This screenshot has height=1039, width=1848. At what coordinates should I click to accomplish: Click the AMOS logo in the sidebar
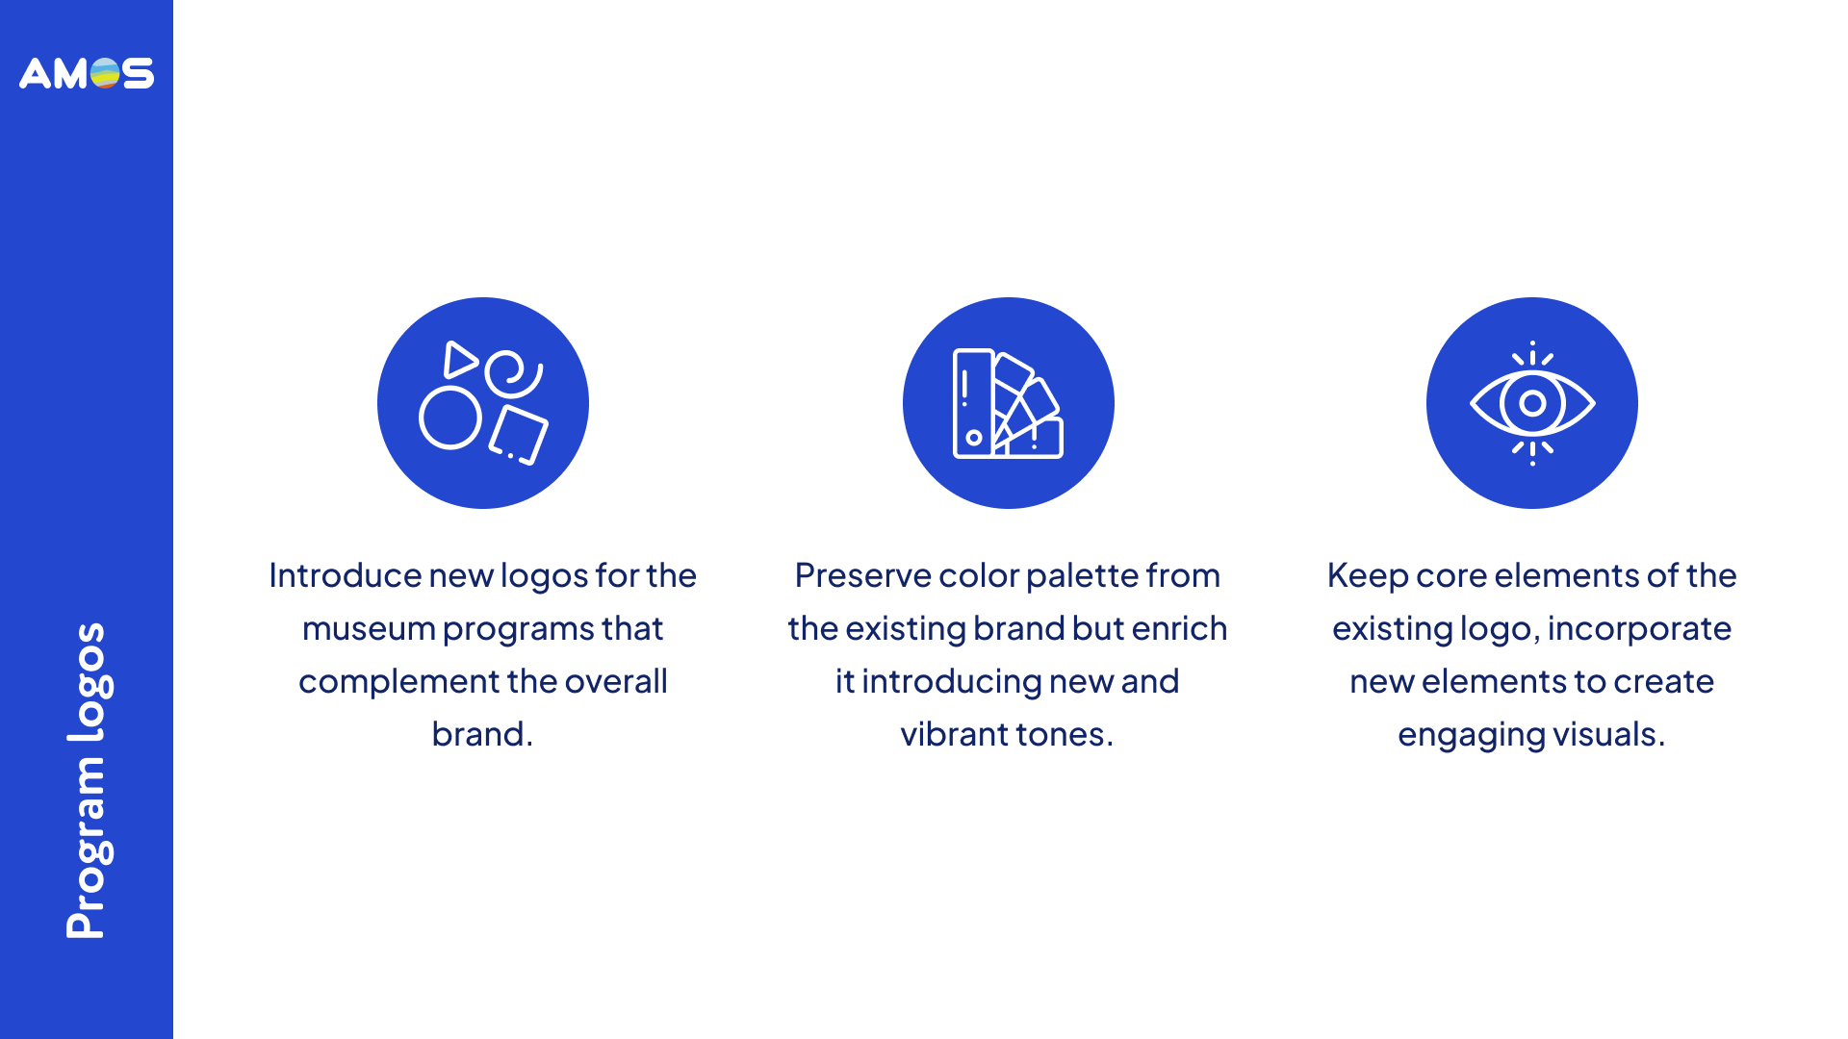tap(87, 73)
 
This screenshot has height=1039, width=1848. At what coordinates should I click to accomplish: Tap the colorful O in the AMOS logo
tap(105, 73)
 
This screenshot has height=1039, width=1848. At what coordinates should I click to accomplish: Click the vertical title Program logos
tap(88, 780)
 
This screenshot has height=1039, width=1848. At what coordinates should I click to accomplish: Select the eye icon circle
tap(1532, 403)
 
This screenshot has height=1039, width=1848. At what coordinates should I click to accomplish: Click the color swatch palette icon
tap(1008, 403)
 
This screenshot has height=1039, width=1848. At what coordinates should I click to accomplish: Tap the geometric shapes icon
tap(483, 403)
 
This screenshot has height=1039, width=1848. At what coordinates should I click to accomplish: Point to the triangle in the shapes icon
tap(460, 360)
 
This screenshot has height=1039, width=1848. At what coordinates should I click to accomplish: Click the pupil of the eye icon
tap(1532, 403)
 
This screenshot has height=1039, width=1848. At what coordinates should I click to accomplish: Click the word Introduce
tap(345, 575)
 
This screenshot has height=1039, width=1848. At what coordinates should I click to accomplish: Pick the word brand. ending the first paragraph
tap(482, 734)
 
